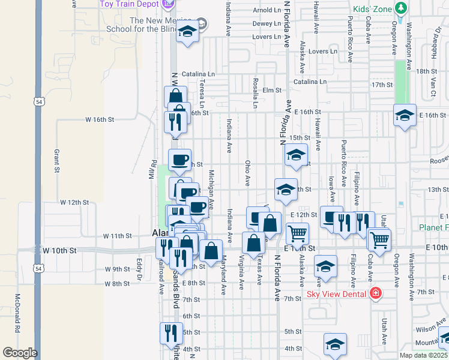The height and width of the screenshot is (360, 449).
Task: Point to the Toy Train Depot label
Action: click(x=130, y=4)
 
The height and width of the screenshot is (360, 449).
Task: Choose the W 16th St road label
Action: click(x=100, y=119)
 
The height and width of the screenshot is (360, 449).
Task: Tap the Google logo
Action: click(x=20, y=353)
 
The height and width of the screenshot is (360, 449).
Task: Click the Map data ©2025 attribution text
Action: click(x=423, y=355)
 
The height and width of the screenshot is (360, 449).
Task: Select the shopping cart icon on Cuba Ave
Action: click(x=379, y=239)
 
